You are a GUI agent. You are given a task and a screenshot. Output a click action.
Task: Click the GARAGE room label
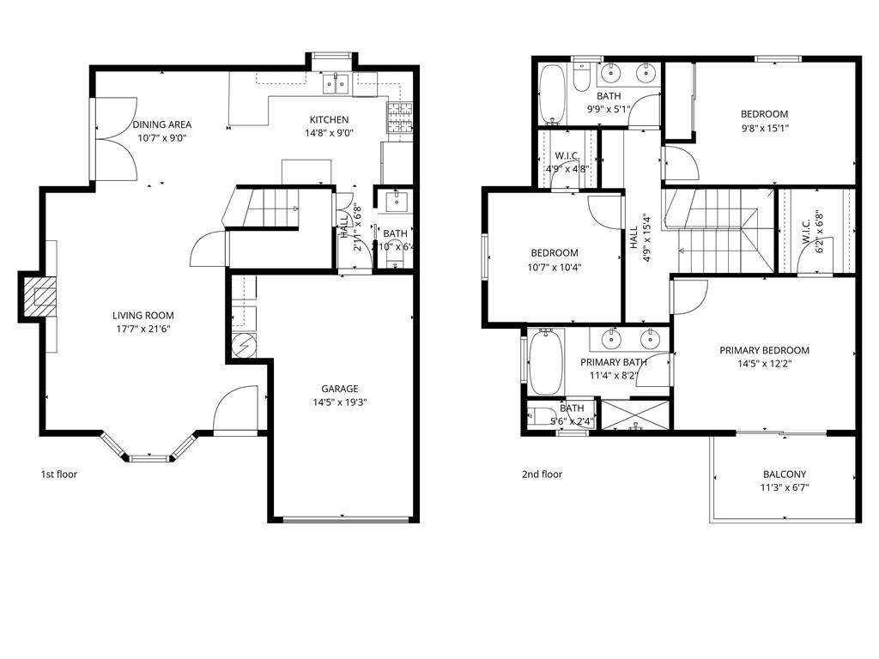pos(340,389)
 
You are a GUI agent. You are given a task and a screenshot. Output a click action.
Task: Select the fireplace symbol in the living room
pos(38,297)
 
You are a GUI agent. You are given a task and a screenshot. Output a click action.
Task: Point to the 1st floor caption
pos(59,474)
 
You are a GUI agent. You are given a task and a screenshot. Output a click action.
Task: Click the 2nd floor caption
pos(542,474)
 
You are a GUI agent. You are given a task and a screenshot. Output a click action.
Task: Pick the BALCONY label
pos(785,474)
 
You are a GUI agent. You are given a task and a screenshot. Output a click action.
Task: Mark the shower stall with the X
pos(635,414)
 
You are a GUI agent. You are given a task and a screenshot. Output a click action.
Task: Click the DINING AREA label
pos(161,124)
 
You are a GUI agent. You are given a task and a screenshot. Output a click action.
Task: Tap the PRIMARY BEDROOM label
pos(764,350)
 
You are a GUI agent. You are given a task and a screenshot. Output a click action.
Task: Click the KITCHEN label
pos(329,119)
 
